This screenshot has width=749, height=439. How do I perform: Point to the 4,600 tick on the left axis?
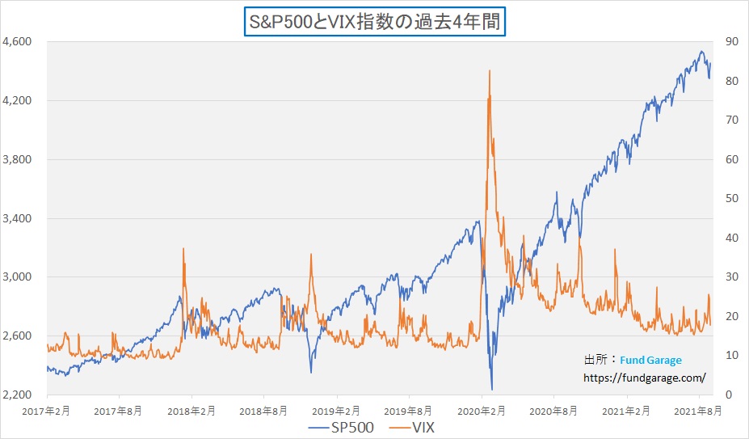coord(17,42)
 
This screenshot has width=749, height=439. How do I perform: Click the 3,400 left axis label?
coord(17,218)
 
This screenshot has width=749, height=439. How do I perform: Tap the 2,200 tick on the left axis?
coord(17,395)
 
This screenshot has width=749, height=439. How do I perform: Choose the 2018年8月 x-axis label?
coord(264,411)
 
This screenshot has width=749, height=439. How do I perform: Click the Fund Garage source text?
coord(650,360)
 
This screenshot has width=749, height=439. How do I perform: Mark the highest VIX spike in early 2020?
coord(490,71)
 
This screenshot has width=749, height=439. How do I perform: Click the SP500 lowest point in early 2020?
coord(492,390)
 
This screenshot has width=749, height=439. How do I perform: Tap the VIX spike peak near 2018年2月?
coord(184,249)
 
